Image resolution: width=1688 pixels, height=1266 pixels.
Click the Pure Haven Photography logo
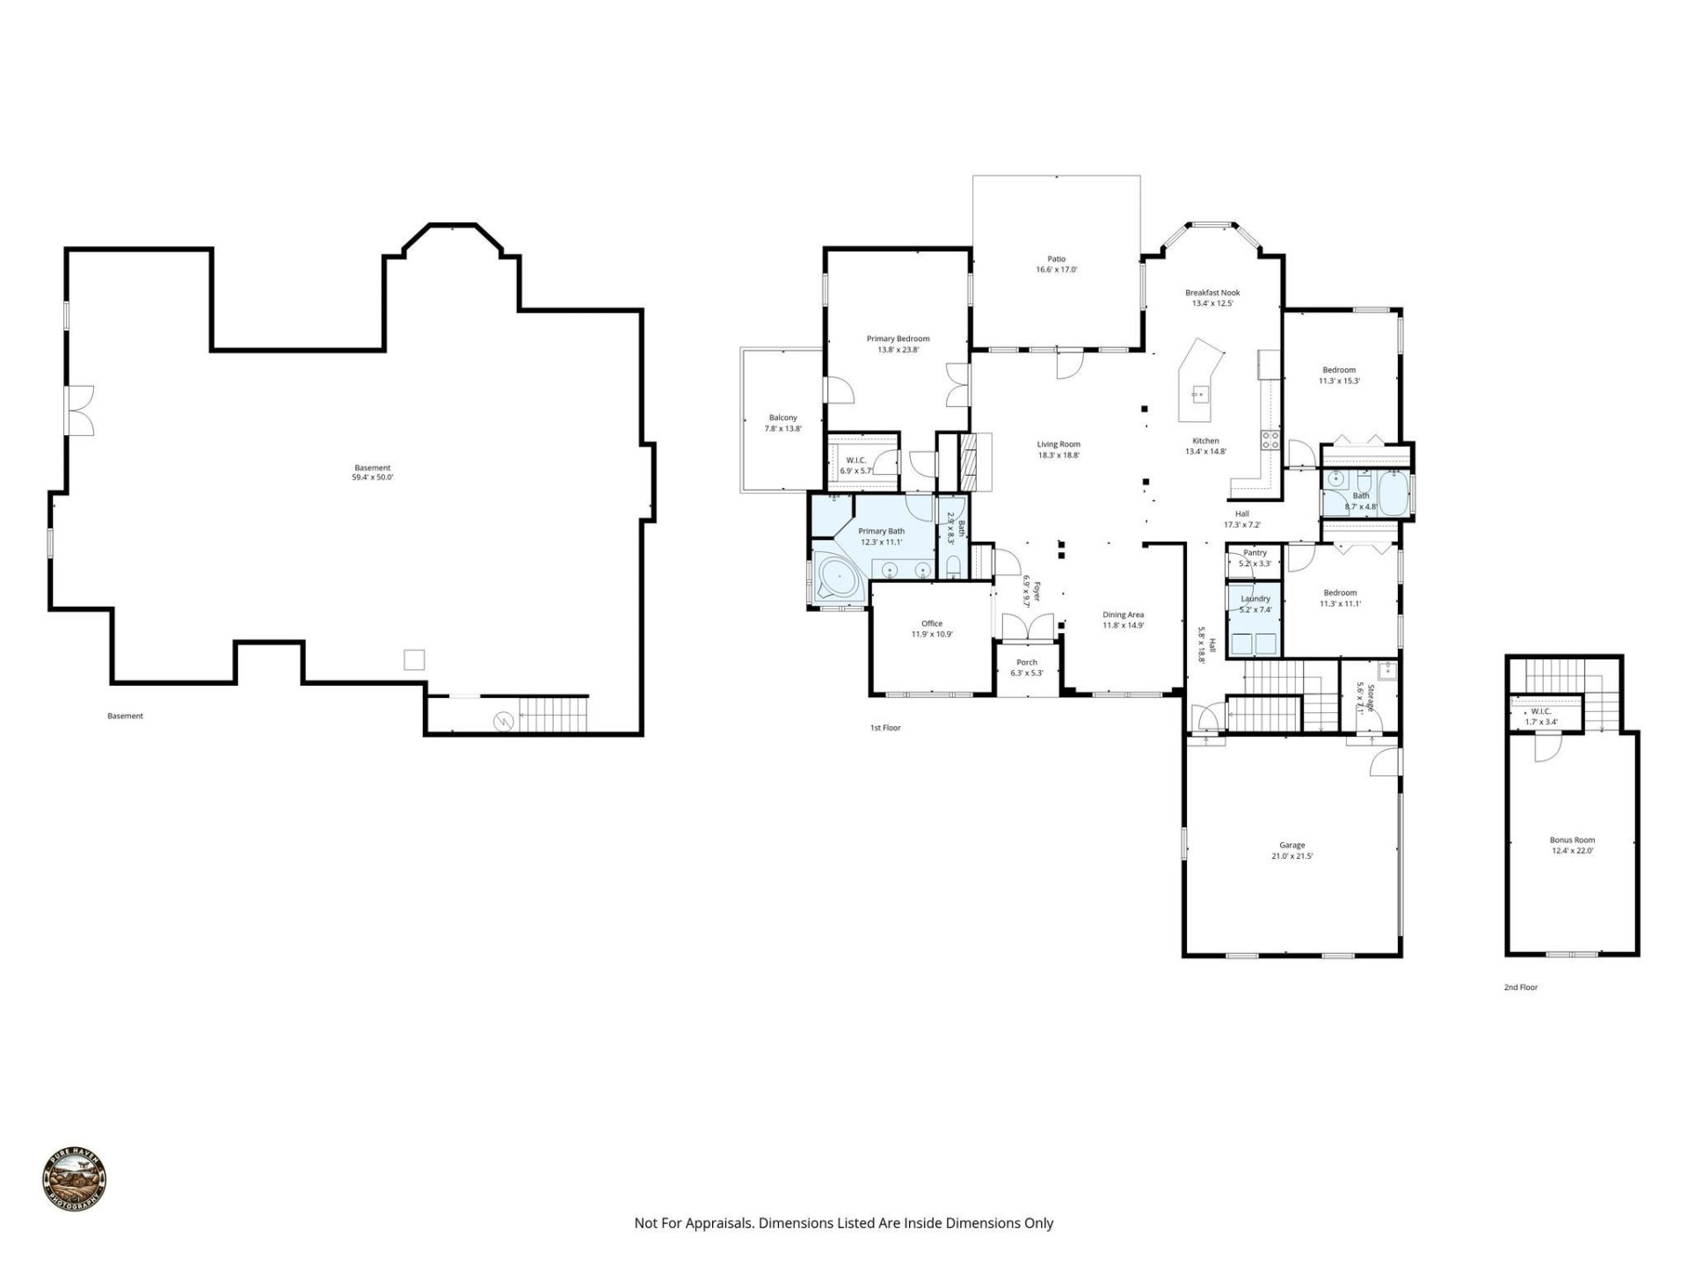click(75, 1180)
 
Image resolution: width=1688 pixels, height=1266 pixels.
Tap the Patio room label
click(1056, 259)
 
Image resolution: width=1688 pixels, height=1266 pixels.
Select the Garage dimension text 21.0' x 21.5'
click(1291, 855)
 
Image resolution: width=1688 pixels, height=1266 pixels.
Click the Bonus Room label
click(1572, 840)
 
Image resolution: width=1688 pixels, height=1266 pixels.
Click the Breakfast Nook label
click(1212, 293)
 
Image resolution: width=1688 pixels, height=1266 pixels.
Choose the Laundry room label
click(1255, 599)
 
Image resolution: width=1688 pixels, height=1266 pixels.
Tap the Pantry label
click(1255, 553)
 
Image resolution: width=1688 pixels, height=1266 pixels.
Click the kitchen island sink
click(1198, 394)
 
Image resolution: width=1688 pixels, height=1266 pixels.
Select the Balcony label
click(782, 418)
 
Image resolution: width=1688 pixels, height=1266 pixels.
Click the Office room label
click(931, 623)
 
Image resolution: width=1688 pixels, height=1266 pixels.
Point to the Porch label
click(1026, 662)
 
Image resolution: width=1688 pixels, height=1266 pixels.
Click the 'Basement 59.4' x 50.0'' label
click(372, 473)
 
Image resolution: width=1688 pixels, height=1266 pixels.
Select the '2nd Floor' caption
click(1520, 987)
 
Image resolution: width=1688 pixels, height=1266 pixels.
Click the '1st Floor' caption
click(885, 728)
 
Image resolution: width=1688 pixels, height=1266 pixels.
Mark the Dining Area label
click(1123, 615)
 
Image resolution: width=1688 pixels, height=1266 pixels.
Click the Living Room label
click(1058, 444)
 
